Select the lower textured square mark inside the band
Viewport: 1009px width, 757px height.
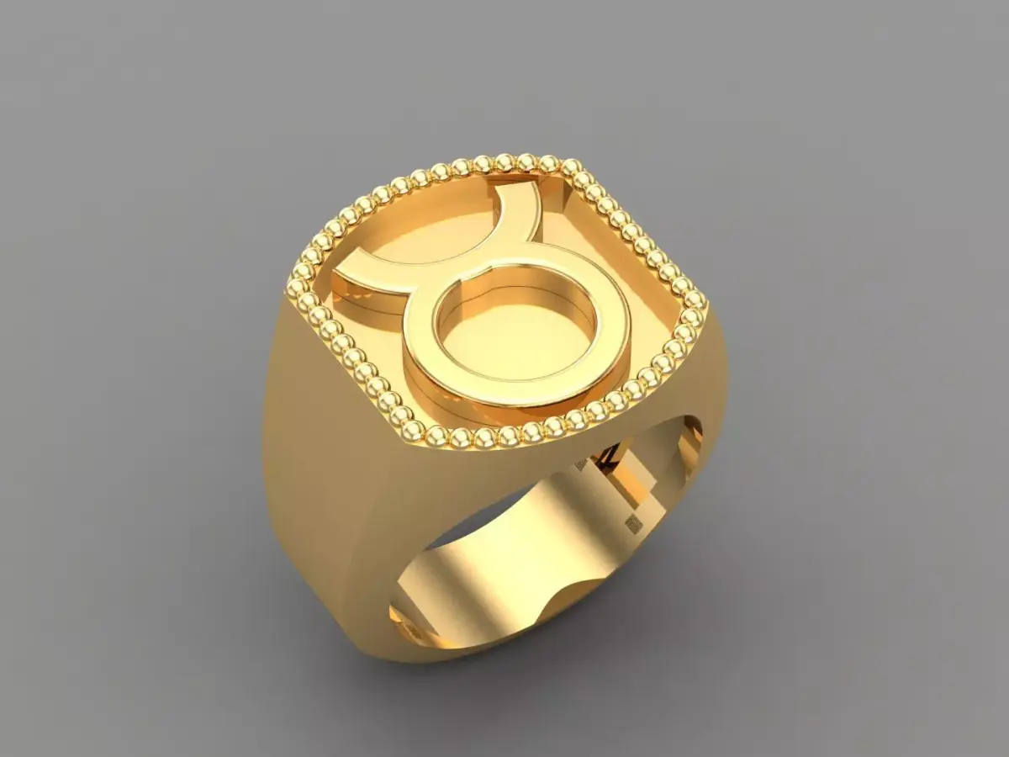point(632,524)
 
